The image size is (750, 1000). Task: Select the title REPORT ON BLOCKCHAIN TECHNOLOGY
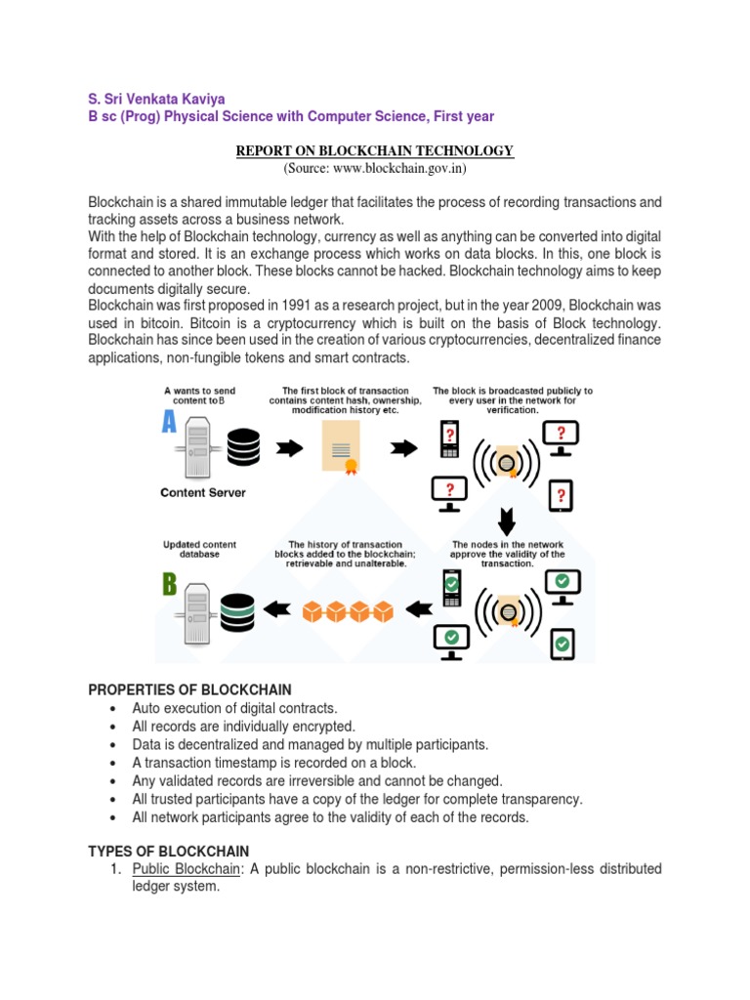point(374,150)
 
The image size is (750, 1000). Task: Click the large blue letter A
point(170,423)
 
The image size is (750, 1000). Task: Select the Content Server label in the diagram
point(203,493)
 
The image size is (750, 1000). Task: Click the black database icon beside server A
point(244,447)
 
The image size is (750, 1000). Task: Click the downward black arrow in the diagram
point(507,518)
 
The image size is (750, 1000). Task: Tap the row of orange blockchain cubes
point(348,611)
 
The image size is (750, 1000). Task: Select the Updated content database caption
point(199,549)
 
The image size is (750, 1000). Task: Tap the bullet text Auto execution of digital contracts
point(234,708)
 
